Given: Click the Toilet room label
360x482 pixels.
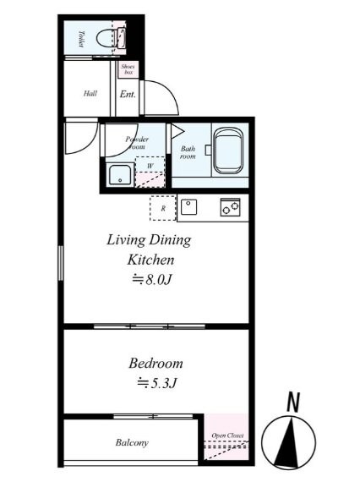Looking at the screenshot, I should [x=81, y=39].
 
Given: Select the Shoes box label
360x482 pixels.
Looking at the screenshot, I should [x=128, y=70].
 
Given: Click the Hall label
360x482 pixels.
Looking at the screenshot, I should [x=90, y=94].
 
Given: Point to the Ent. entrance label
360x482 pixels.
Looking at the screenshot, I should [x=128, y=94].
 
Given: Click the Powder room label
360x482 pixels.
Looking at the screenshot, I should [x=137, y=142].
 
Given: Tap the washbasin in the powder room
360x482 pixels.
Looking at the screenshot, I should [x=119, y=175].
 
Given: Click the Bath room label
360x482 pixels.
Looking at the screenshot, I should [x=188, y=152].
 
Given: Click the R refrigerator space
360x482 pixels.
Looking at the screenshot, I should [x=162, y=207].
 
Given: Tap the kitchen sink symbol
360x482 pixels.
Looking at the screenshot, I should [x=190, y=206].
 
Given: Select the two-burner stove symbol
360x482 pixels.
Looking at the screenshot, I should [x=229, y=205].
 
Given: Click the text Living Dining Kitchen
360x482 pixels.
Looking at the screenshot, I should [x=148, y=249].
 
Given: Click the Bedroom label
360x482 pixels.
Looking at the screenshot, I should [x=155, y=364].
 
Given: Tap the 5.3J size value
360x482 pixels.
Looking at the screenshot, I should [x=156, y=383].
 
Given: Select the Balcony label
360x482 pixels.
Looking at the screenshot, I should [x=132, y=442].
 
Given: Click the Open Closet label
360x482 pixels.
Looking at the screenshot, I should [x=227, y=436].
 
